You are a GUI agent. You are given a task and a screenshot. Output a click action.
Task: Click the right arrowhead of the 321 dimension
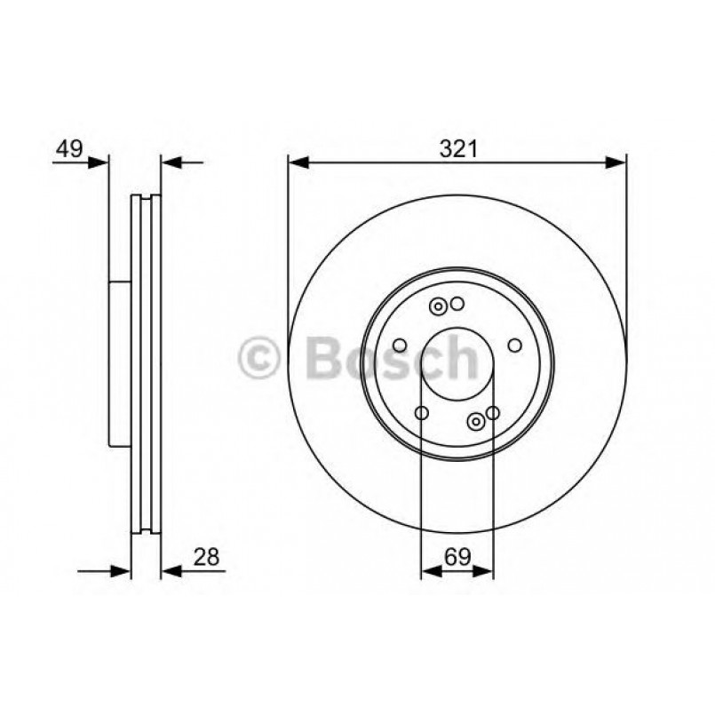coord(618,163)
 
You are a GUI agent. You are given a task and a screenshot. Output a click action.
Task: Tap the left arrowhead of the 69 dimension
coord(429,573)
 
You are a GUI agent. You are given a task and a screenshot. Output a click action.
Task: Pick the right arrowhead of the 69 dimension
coord(484,573)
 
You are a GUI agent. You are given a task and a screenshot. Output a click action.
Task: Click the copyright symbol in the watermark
coord(260,360)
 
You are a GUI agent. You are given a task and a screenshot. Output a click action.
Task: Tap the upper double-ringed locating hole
coord(438,306)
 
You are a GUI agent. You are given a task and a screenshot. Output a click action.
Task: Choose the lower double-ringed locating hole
coord(477,420)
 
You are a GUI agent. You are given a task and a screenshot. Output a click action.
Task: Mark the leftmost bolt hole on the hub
coord(400,346)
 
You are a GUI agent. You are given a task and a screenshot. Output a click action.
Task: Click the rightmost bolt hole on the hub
coord(514,346)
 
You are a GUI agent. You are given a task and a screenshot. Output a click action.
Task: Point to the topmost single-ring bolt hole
coord(457,305)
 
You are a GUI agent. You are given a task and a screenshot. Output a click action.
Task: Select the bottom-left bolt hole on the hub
coord(422,412)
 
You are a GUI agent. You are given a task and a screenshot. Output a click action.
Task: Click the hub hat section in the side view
coord(120,364)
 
